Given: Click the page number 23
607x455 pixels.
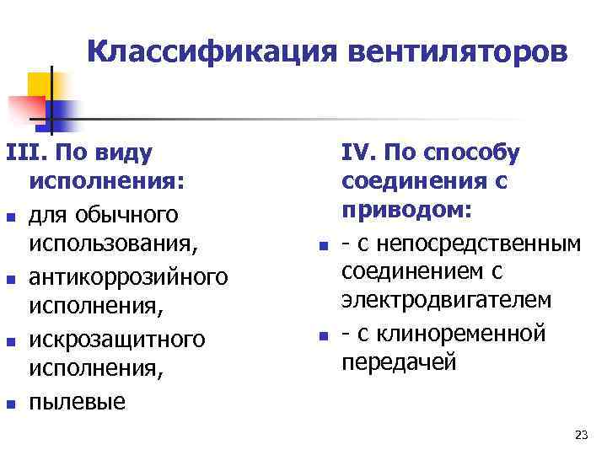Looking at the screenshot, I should [x=580, y=435].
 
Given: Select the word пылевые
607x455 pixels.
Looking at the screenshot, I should [x=77, y=402].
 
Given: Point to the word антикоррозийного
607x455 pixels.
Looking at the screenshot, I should [x=128, y=276].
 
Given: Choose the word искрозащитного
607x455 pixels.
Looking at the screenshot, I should [x=116, y=339].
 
